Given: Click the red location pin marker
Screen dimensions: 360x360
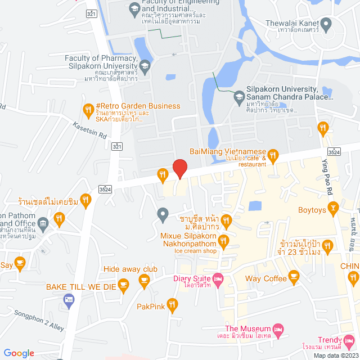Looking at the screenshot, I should [179, 168].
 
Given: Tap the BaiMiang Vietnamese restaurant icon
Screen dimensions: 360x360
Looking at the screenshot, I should [273, 155].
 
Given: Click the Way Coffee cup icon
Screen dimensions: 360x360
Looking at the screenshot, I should [294, 276].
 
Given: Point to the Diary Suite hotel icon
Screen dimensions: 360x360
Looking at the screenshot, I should [218, 278].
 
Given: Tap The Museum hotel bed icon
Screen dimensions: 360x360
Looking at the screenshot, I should [277, 329].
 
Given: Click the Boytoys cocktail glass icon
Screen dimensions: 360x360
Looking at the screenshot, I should [333, 210].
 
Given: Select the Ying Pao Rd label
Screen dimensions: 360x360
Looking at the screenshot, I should [328, 177].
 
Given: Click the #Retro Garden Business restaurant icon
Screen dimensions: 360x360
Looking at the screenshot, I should [88, 109].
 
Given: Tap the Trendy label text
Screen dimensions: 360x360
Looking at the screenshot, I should [330, 340].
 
